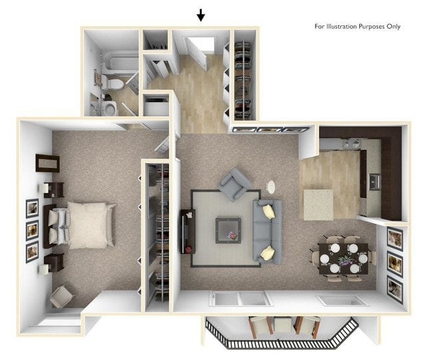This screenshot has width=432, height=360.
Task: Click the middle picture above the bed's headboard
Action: tap(32, 231)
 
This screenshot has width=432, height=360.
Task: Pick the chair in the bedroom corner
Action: tap(62, 295)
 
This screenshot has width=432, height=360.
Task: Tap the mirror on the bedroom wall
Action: tap(47, 162)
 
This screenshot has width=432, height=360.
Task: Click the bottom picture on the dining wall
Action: tap(395, 287)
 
